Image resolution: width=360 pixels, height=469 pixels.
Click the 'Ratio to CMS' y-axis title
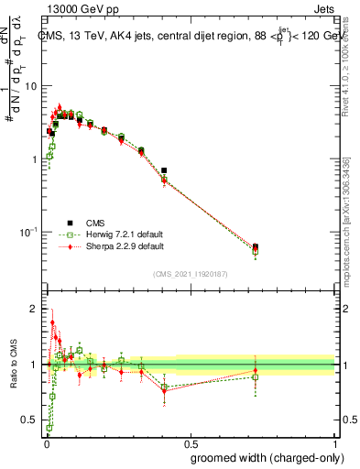click(12, 363)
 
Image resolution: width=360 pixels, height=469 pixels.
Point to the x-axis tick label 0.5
click(190, 442)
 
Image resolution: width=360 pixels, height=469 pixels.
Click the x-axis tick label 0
click(45, 442)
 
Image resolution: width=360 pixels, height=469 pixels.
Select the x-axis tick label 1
click(336, 442)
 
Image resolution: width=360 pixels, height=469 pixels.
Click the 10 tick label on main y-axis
click(31, 86)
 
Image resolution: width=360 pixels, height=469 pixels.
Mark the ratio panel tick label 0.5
click(30, 420)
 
